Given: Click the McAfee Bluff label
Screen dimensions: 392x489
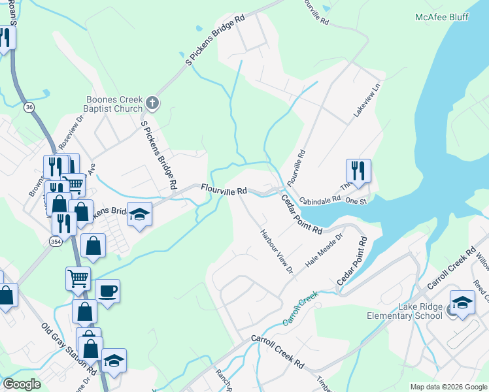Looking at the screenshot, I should [x=442, y=17].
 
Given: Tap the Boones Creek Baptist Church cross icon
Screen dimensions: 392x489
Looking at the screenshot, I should [x=152, y=102].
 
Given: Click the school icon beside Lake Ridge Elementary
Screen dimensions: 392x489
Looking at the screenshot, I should [x=462, y=302].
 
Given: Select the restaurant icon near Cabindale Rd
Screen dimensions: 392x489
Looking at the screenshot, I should [x=358, y=171].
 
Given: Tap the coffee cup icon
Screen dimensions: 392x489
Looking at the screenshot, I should [x=107, y=291].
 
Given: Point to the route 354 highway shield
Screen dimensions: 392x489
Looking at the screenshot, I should [x=57, y=242].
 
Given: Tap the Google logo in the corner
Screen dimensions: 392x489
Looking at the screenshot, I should [x=22, y=384].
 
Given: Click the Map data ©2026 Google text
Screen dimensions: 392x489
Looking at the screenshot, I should [x=448, y=387].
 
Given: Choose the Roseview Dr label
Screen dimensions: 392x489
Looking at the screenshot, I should [x=71, y=131].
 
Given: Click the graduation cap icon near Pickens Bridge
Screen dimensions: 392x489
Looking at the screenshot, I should [x=139, y=215].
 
